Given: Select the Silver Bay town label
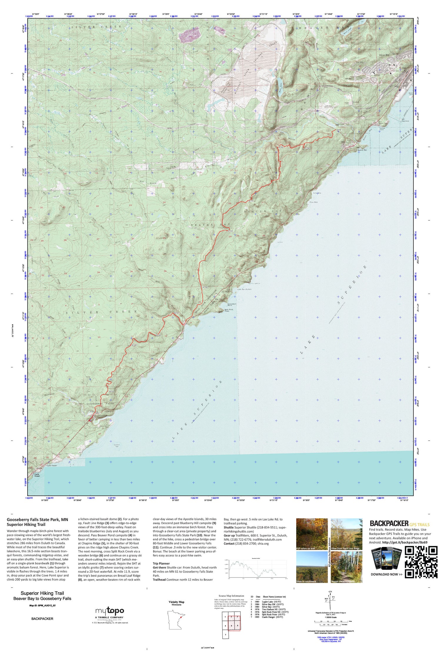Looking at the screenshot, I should coord(384,55).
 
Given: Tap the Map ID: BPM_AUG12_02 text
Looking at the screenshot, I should coord(42,605).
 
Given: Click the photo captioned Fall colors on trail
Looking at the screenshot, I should coord(312,534).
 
